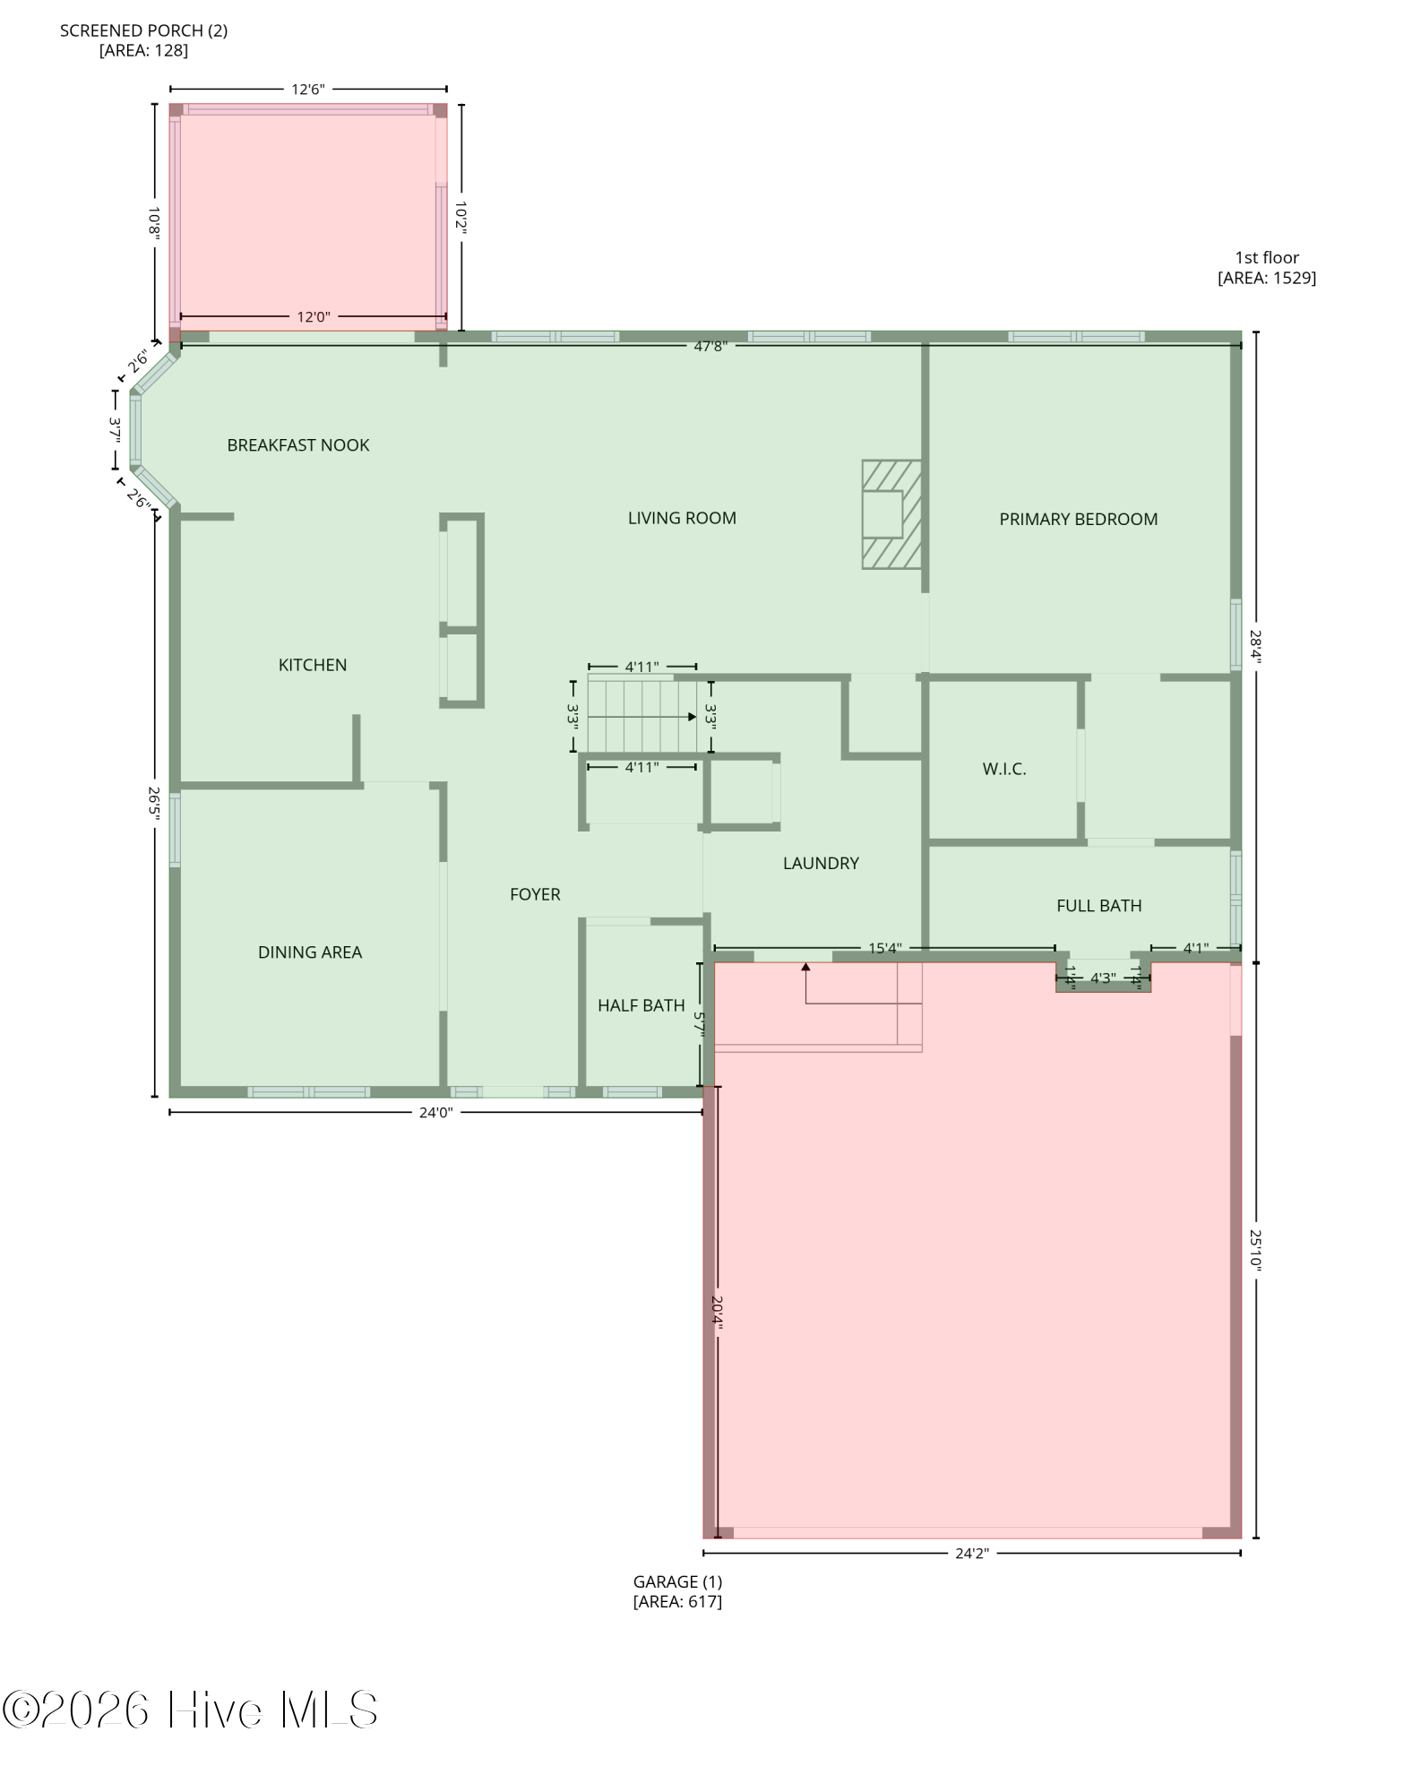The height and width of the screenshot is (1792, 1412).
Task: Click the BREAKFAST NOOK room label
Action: click(297, 445)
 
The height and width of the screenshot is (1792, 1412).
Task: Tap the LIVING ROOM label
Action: click(682, 518)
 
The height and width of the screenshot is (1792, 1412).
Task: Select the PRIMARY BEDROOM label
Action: click(1078, 519)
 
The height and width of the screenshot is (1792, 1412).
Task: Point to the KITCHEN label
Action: click(312, 665)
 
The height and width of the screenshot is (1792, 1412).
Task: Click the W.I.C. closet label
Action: click(1003, 769)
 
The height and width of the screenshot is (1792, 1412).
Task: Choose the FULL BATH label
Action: click(1098, 906)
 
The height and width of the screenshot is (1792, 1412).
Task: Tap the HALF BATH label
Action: click(641, 1005)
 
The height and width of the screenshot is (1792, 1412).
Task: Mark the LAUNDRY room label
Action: click(821, 863)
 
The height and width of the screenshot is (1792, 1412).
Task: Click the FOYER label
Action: click(535, 894)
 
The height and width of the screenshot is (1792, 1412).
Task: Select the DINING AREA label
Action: click(310, 952)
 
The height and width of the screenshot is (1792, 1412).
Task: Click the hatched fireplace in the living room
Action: click(891, 514)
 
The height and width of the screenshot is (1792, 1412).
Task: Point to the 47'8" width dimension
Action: click(710, 346)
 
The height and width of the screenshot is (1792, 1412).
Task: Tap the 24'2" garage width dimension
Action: click(971, 1553)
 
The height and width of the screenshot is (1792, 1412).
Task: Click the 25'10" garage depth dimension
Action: click(1256, 1249)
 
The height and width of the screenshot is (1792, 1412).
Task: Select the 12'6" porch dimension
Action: click(307, 90)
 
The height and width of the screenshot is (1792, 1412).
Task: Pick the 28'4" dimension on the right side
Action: click(1256, 647)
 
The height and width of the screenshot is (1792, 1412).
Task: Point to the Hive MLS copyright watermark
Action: click(190, 1710)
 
